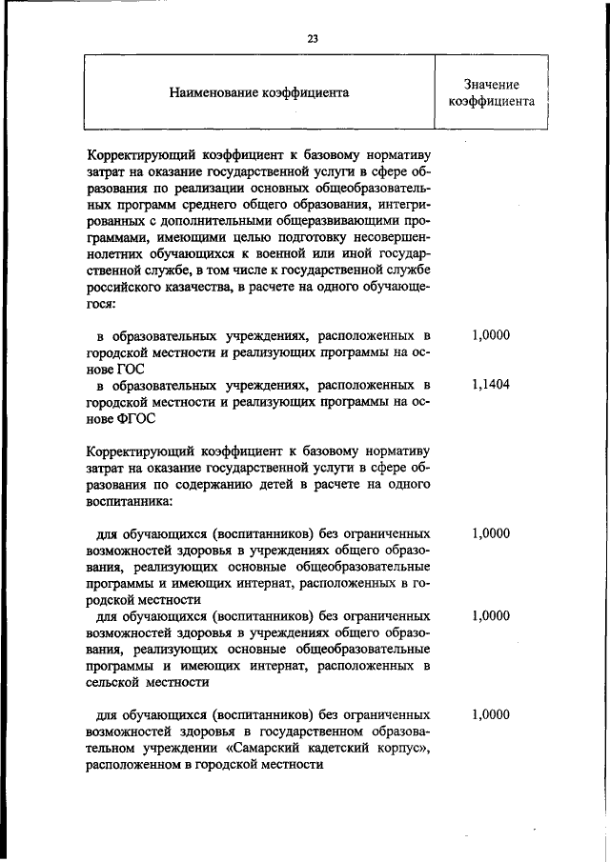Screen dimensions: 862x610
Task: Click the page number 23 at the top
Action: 312,38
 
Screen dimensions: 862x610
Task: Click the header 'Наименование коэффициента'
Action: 258,92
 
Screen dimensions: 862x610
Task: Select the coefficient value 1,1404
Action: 491,385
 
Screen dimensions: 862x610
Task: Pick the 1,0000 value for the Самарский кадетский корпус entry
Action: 491,714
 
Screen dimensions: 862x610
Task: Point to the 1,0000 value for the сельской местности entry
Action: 491,615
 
